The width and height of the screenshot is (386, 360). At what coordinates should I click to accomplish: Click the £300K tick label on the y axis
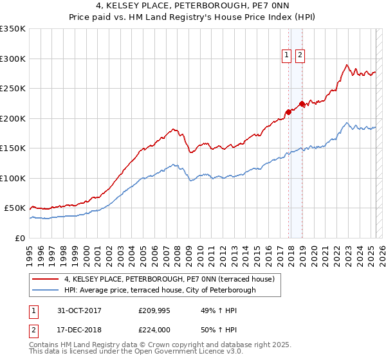13,59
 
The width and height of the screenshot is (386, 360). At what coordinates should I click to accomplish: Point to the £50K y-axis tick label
15,208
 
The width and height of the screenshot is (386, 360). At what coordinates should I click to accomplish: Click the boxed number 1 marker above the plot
287,55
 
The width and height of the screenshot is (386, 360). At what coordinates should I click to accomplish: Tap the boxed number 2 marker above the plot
300,55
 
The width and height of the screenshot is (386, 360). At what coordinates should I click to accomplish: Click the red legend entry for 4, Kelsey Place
169,279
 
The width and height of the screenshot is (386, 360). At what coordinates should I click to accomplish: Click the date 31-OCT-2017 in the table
81,310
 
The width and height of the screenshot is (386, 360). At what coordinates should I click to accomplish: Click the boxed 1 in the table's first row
32,310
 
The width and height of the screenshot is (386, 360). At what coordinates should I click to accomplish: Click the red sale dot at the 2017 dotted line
288,112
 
